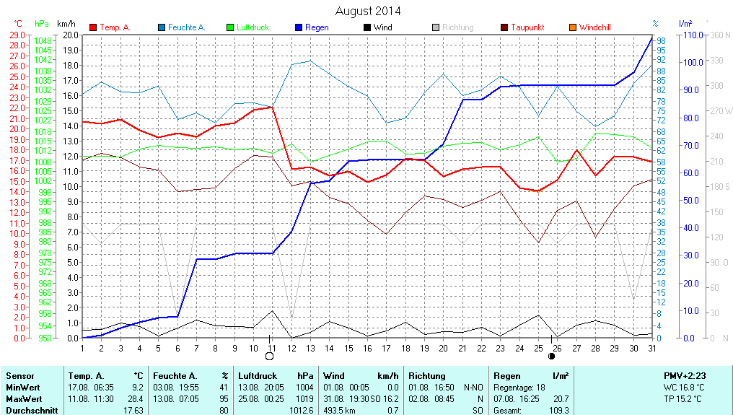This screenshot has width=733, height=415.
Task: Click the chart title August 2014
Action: [368, 11]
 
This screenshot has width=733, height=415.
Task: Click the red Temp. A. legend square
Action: [93, 27]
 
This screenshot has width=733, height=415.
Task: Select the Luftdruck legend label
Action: [253, 27]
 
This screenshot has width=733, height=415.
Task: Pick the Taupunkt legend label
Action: [527, 27]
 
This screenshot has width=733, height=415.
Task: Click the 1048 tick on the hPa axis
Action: [43, 41]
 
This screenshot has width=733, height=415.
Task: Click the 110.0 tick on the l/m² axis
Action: [692, 35]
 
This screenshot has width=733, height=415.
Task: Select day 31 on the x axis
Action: [652, 348]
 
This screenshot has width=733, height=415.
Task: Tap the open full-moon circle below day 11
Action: [270, 356]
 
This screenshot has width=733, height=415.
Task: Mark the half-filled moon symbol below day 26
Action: [552, 356]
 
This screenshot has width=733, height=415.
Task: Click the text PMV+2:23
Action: [685, 376]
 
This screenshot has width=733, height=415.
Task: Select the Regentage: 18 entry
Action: [519, 388]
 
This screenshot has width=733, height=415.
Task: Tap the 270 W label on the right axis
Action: [721, 111]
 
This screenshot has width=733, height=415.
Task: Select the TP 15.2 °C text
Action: [685, 398]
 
